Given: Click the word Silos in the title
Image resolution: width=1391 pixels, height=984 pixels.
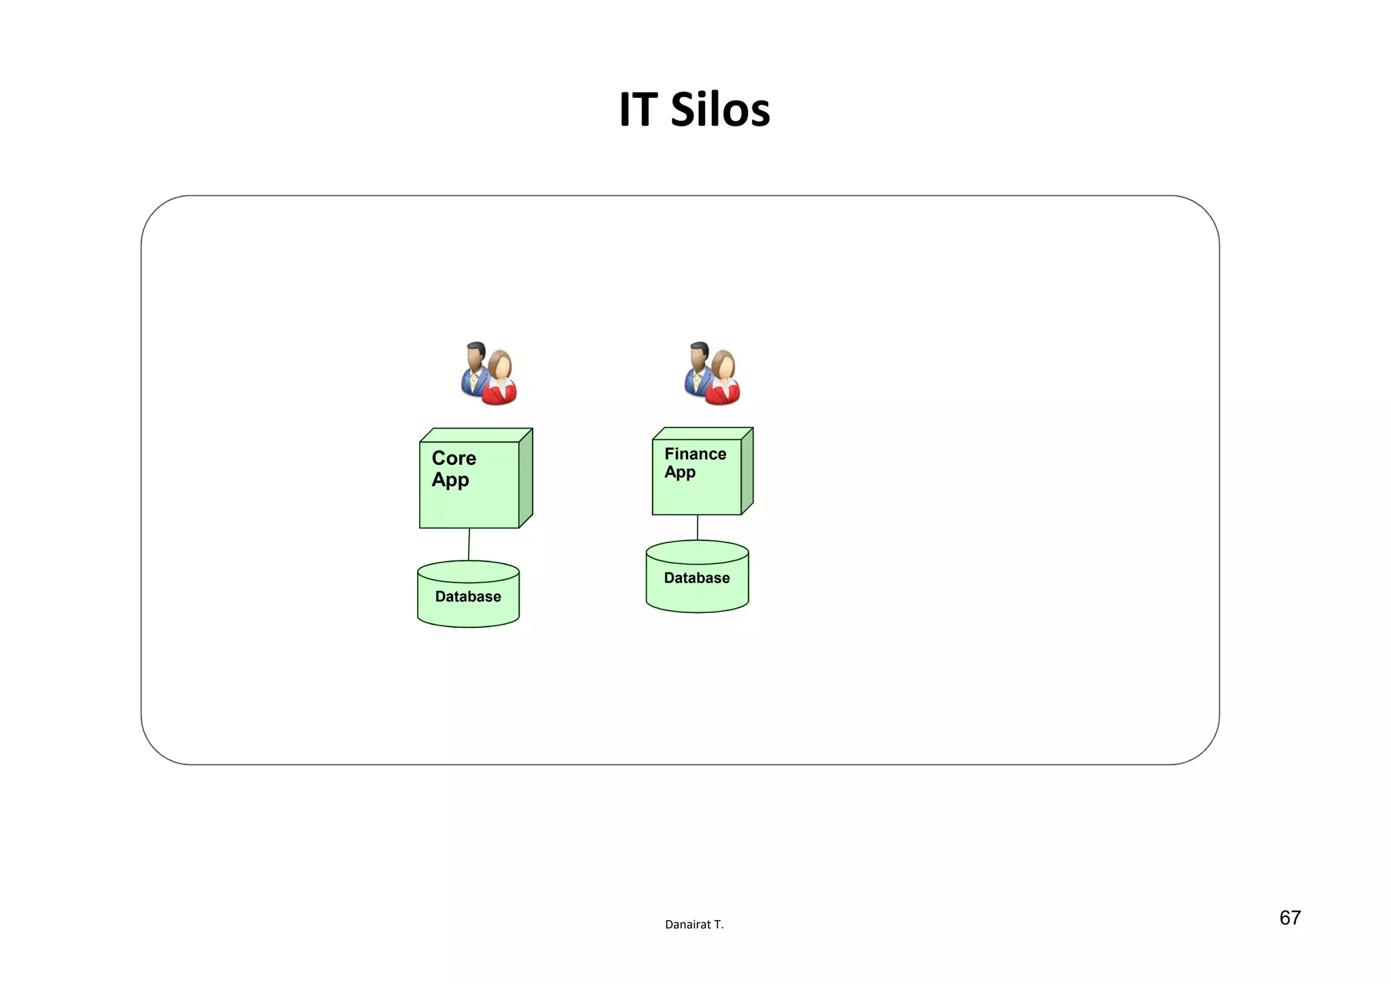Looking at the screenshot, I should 720,110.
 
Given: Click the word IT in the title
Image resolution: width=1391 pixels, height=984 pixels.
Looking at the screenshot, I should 638,110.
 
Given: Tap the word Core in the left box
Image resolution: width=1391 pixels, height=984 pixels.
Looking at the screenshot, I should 454,458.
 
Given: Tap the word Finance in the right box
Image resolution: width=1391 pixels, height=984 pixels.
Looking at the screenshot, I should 695,454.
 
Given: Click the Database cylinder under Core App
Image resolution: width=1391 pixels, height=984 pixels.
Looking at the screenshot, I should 468,598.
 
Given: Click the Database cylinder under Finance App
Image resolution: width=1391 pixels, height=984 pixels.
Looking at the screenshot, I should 697,581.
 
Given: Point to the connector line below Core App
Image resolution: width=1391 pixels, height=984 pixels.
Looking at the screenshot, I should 469,544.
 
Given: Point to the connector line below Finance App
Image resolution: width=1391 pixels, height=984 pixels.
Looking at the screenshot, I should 698,528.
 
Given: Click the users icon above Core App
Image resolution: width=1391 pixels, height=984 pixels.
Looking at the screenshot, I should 489,374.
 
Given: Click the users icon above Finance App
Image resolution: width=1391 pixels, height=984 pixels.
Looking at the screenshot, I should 712,374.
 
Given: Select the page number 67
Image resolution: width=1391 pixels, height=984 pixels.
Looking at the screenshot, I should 1290,918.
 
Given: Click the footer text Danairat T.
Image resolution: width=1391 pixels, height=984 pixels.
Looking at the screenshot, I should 694,925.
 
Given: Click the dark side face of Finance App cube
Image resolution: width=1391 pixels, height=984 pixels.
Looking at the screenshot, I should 747,471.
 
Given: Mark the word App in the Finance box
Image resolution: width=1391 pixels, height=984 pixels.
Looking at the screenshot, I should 680,472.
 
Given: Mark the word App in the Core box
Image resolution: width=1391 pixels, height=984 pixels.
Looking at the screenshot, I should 450,480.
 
